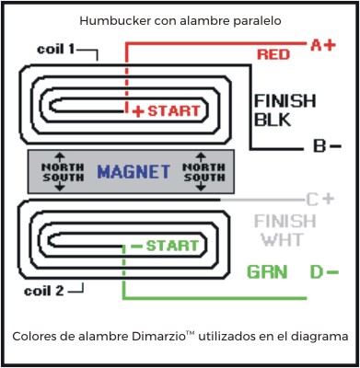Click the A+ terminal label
[322, 44]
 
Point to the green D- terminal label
[323, 271]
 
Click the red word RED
[273, 55]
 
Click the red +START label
[165, 110]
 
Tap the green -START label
[165, 246]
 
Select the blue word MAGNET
[134, 171]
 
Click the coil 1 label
[57, 48]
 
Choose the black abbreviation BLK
[273, 120]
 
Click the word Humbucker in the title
[119, 19]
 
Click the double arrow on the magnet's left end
[60, 171]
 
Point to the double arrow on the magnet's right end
[208, 171]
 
